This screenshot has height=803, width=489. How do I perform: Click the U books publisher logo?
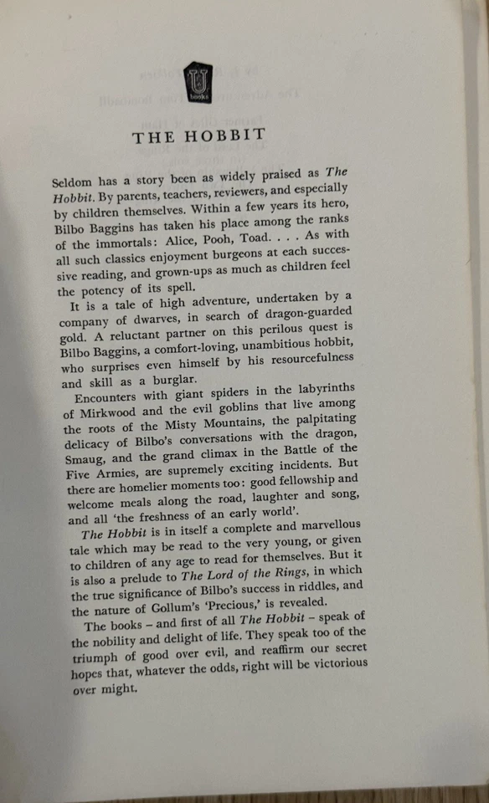[198, 81]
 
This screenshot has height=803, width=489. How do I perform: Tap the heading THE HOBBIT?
[199, 136]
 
